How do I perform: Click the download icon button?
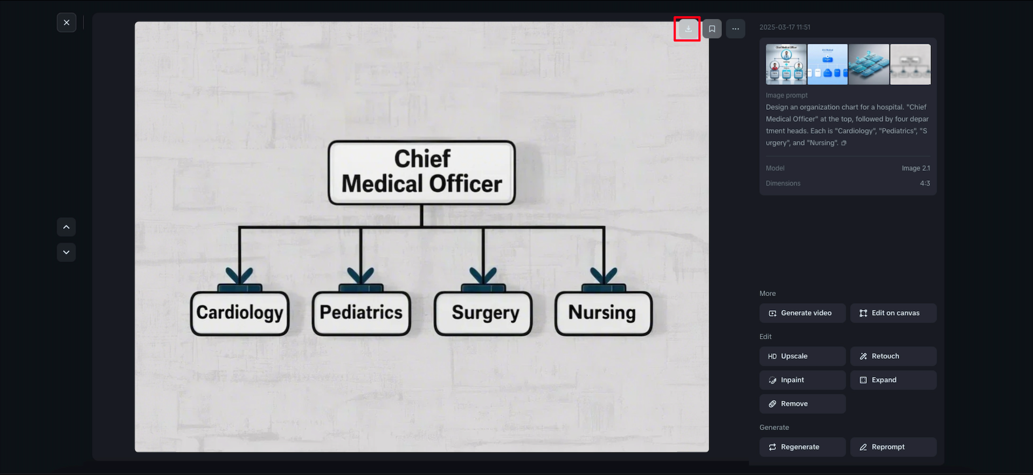pos(688,29)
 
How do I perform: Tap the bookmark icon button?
pos(712,29)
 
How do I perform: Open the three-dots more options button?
pos(736,29)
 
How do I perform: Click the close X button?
pos(66,23)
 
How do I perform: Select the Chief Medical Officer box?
pos(422,172)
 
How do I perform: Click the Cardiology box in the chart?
pos(240,313)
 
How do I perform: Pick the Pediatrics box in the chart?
pos(361,313)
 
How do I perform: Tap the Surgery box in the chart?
pos(483,313)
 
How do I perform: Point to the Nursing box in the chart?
pos(604,313)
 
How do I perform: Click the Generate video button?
pos(802,313)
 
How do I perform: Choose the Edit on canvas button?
pos(893,313)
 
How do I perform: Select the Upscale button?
pos(802,356)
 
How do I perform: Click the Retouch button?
pos(893,356)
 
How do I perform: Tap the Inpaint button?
pos(802,380)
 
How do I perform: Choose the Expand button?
pos(893,380)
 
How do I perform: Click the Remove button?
pos(802,404)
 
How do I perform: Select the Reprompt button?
pos(893,447)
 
